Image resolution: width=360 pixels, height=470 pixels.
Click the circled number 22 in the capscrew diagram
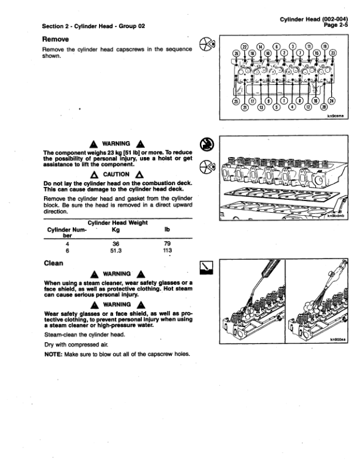246,46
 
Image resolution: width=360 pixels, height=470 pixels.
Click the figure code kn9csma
336,115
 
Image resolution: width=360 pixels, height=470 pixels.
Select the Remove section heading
57,38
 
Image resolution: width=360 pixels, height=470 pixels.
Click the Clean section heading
53,263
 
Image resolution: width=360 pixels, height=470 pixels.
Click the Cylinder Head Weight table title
118,222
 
